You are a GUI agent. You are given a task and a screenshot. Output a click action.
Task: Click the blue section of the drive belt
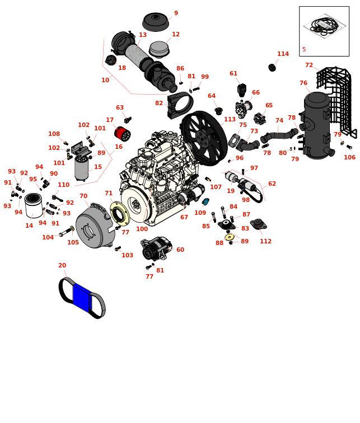[x=82, y=297]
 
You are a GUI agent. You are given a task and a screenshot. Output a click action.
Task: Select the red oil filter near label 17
[x=121, y=133]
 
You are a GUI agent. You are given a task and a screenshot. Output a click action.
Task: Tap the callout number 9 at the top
[x=176, y=13]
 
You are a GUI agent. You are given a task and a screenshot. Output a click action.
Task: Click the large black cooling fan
[x=203, y=138]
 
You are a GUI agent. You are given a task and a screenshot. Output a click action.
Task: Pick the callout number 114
[x=283, y=54]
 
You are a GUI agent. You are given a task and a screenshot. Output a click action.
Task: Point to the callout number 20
[x=62, y=266]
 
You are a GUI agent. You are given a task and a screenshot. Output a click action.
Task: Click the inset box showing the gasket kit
[x=324, y=31]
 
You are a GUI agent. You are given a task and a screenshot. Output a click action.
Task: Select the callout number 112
[x=265, y=242]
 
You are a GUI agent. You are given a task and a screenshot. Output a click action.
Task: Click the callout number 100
[x=142, y=229]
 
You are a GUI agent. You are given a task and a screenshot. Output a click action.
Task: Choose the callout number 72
[x=309, y=65]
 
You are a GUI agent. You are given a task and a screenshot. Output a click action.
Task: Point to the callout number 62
[x=272, y=184]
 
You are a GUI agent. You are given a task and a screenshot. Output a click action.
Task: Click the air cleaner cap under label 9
[x=156, y=21]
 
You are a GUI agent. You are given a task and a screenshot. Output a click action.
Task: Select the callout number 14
[x=29, y=226]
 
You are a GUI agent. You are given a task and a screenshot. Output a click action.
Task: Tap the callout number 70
[x=83, y=196]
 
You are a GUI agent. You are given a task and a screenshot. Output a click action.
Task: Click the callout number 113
[x=230, y=119]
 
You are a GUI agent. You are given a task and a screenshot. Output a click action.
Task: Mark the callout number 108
[x=54, y=134]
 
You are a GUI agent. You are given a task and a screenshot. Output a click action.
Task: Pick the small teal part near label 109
[x=205, y=201]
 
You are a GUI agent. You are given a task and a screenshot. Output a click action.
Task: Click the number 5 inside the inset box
[x=304, y=50]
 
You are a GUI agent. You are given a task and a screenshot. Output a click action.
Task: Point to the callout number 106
[x=349, y=158]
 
